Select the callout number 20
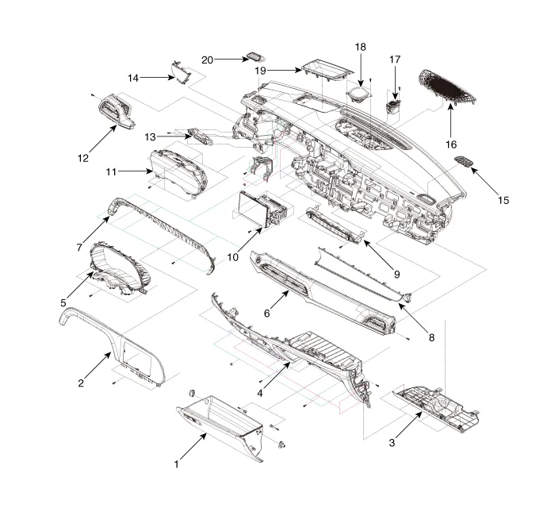(208, 60)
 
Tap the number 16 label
(450, 145)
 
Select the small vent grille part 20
(255, 56)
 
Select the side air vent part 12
(117, 110)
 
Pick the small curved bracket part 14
(182, 71)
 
